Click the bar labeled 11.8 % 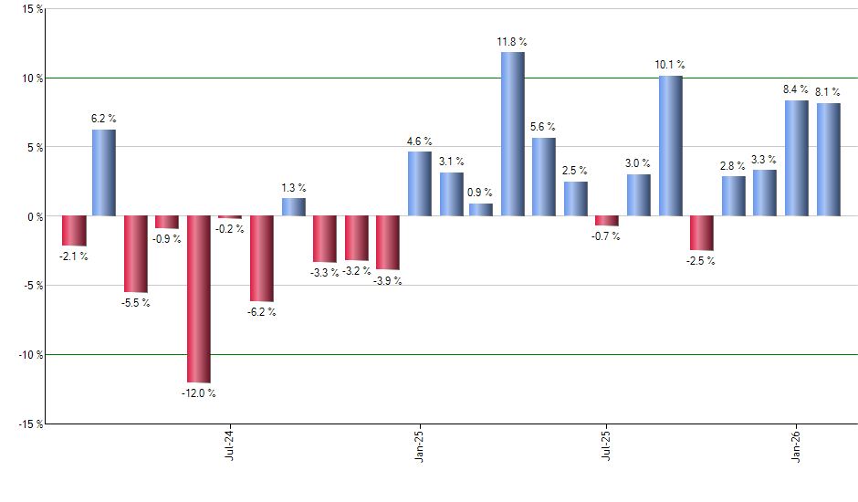pos(513,134)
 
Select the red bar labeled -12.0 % pos(199,299)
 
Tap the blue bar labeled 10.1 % pos(671,146)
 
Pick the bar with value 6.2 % pos(104,173)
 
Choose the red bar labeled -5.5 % pos(136,254)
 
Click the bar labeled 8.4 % pos(797,158)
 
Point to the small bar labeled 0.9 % pos(481,210)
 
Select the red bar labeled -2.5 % pos(702,233)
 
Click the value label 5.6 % pos(544,127)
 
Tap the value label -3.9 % pos(387,281)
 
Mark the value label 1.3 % pos(294,187)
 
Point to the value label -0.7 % pos(607,236)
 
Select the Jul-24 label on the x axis pos(230,444)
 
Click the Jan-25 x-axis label pos(419,444)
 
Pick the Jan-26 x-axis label pos(797,444)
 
